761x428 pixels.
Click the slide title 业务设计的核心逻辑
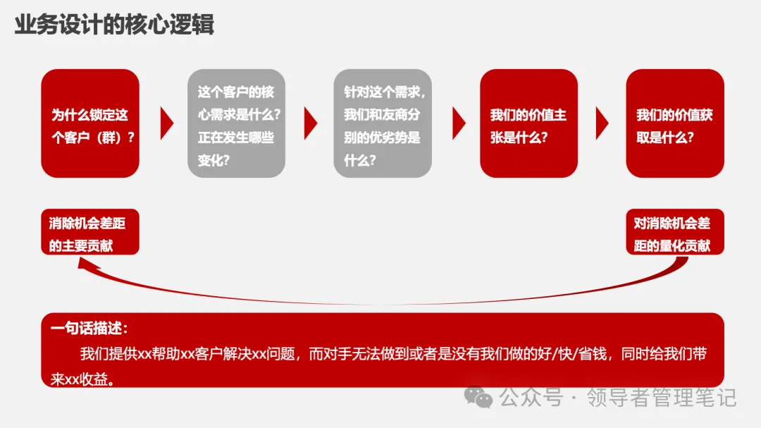tap(114, 25)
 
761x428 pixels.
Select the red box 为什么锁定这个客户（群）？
tap(90, 123)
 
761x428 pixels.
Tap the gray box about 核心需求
tap(236, 123)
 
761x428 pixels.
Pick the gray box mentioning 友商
tap(383, 123)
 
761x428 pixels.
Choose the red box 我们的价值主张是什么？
tap(528, 123)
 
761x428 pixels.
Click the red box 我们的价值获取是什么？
tap(674, 123)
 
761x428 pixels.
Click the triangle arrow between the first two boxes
tap(166, 124)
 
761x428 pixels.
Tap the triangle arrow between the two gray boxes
tap(310, 124)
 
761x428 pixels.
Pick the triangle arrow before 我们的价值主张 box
tap(458, 124)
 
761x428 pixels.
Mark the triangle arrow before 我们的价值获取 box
tap(602, 124)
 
